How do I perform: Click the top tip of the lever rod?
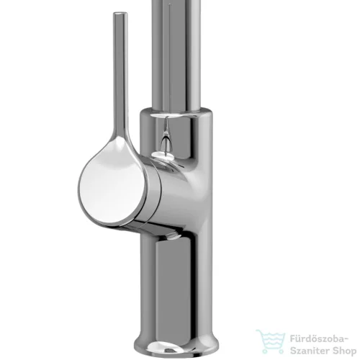pos(120,12)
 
